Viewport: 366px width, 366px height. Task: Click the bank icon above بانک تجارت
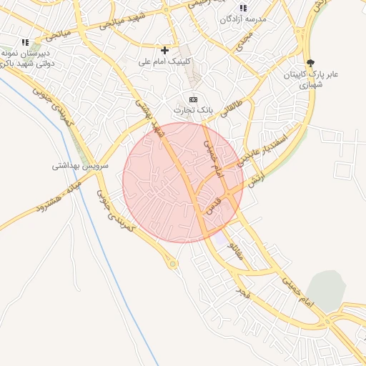tap(193, 99)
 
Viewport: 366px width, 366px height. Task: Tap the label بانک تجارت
tap(193, 110)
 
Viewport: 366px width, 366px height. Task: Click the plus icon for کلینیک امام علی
tap(165, 50)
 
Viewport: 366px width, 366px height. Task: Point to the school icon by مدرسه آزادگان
tap(243, 8)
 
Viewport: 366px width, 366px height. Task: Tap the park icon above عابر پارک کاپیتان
tap(310, 63)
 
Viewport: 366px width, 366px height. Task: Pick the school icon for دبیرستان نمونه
tap(26, 43)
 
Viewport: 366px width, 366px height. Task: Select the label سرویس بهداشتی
tap(79, 165)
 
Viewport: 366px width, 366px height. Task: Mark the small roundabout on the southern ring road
tap(172, 265)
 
